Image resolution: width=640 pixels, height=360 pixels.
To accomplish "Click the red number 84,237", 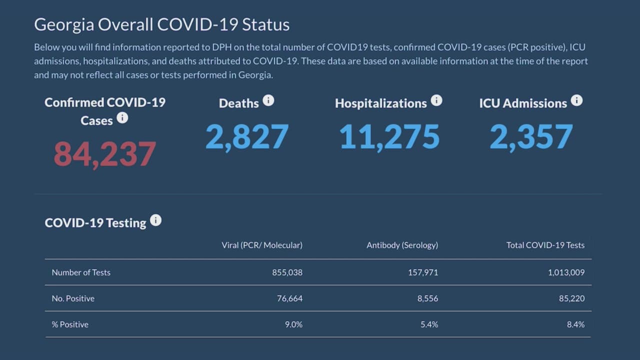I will [105, 154].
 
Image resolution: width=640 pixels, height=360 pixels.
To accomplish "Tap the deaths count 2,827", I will [247, 136].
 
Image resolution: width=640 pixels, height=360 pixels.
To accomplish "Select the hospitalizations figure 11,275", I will [389, 137].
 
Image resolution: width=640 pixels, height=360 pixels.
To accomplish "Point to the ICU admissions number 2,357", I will [531, 137].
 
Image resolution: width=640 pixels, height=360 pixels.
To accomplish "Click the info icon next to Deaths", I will [268, 100].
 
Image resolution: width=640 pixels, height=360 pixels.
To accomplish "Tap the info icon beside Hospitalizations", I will [436, 100].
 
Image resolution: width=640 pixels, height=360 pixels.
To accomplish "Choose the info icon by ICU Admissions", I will [576, 100].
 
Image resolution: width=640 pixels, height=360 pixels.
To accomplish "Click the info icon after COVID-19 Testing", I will [156, 220].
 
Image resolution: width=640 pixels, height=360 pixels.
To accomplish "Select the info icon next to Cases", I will [122, 118].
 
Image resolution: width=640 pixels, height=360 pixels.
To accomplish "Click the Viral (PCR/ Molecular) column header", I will [262, 245].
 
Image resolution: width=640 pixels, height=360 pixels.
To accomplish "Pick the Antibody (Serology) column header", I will [402, 245].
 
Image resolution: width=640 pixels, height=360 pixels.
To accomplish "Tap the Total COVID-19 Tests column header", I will [545, 245].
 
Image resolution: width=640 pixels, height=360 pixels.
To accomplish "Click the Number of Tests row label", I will [81, 272].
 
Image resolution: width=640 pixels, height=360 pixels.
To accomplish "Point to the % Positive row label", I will [70, 324].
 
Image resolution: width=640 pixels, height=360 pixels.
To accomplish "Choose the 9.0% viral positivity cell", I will [293, 324].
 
